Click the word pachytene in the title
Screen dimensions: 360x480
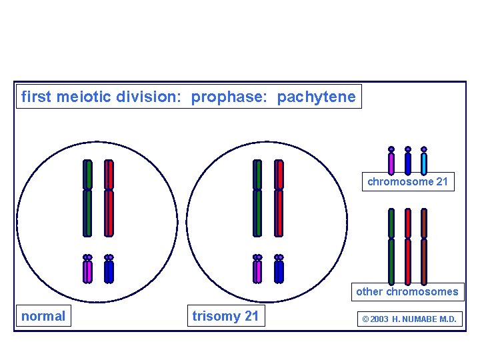(316, 97)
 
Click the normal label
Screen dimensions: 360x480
(43, 316)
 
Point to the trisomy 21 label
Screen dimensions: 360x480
(225, 316)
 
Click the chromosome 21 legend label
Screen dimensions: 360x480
(408, 181)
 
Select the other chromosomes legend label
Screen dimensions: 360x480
(407, 291)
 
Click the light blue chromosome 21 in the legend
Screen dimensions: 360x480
(424, 162)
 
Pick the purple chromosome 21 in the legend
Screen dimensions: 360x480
(391, 162)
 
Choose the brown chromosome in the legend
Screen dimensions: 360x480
(424, 247)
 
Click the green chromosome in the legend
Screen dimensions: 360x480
(391, 247)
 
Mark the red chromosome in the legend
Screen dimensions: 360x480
(408, 247)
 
